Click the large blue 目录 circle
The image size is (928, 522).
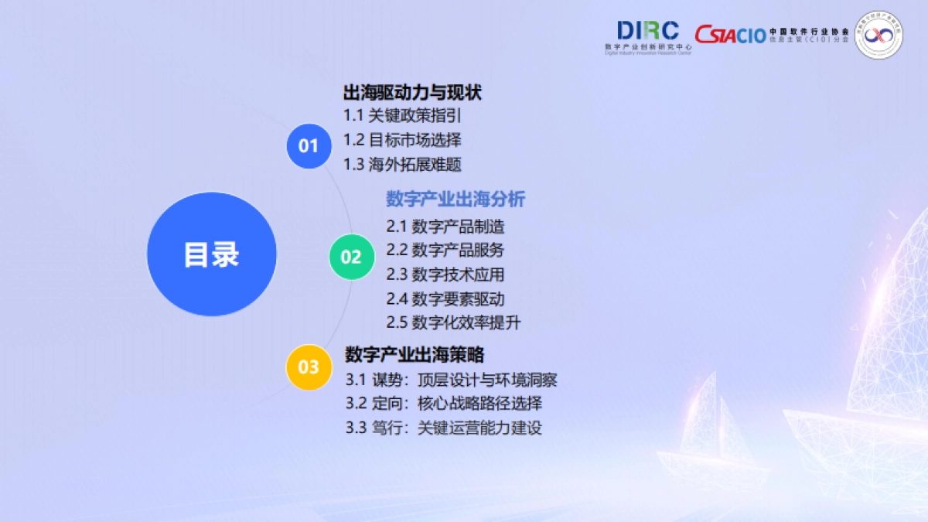[x=211, y=254]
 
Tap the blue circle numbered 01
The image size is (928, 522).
[x=309, y=145]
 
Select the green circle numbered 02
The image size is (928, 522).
[x=351, y=257]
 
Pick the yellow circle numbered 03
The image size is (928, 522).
[x=309, y=367]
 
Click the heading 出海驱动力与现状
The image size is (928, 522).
[x=412, y=93]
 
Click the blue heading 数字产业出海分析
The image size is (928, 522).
[x=455, y=199]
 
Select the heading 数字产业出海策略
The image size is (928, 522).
[x=415, y=355]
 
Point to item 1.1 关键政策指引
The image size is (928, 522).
[x=402, y=116]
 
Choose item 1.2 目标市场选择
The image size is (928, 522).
[x=402, y=140]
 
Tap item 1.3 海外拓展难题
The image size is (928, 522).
[x=402, y=164]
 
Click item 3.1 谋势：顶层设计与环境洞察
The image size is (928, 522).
[x=452, y=380]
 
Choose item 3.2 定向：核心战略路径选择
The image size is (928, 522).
[x=444, y=404]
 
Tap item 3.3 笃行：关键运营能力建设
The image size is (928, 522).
[x=444, y=428]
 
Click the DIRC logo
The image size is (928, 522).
[x=648, y=36]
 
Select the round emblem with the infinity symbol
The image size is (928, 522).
[x=879, y=34]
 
